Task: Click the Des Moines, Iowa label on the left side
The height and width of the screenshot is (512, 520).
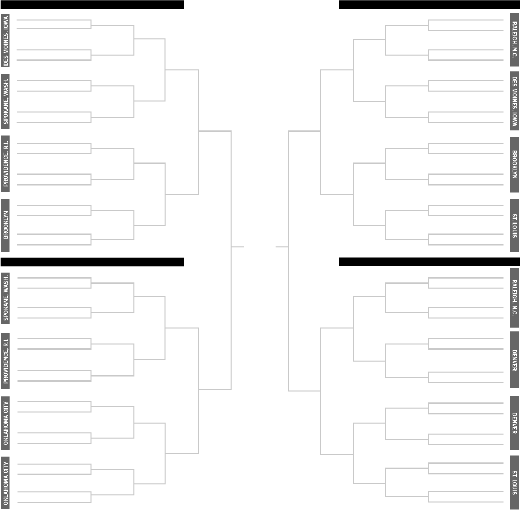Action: pos(5,40)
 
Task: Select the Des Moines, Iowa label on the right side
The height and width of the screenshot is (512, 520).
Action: pos(514,101)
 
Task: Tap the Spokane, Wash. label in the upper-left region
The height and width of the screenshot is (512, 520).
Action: pos(5,101)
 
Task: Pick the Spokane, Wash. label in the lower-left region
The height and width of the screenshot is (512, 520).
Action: pos(5,297)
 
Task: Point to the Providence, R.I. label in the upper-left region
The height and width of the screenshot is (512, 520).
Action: pos(5,164)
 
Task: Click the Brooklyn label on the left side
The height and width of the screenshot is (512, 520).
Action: pos(5,225)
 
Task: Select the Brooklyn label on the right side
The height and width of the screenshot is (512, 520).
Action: pos(514,164)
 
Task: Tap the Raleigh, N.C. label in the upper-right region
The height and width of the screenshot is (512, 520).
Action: pos(514,40)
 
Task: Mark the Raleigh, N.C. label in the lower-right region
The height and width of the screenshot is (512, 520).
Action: pos(514,297)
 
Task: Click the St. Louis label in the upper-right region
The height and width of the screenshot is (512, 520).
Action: pos(514,225)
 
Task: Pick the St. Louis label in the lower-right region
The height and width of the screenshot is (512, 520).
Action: pos(514,482)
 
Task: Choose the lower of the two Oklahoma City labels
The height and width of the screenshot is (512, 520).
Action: pos(5,482)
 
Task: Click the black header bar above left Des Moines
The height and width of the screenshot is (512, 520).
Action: pos(92,4)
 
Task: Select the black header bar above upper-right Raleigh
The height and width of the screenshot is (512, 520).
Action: pos(429,4)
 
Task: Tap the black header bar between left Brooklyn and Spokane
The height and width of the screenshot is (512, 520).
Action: pos(92,262)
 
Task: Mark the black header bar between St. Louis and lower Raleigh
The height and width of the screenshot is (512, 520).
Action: pos(429,262)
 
